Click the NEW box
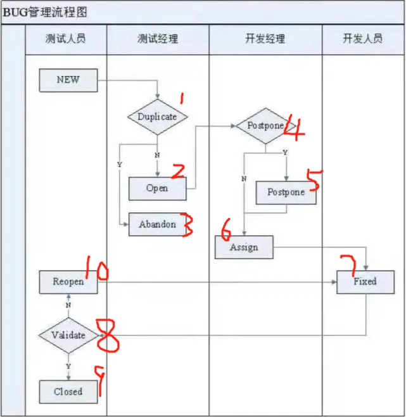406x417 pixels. tap(68, 80)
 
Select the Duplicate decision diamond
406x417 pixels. tap(157, 117)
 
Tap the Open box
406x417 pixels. tap(157, 188)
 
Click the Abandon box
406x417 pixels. tap(157, 224)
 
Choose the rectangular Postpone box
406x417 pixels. tap(286, 192)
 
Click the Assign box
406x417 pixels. tap(244, 247)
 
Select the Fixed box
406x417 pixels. tap(365, 281)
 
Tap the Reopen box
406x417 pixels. tap(68, 281)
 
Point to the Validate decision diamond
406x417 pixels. tap(68, 335)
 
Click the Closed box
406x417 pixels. tap(68, 392)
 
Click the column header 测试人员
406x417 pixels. tap(66, 39)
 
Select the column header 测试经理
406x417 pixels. tap(158, 39)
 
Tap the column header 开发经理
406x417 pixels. tap(265, 39)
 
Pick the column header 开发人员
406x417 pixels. tap(363, 39)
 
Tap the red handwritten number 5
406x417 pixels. tap(314, 180)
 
